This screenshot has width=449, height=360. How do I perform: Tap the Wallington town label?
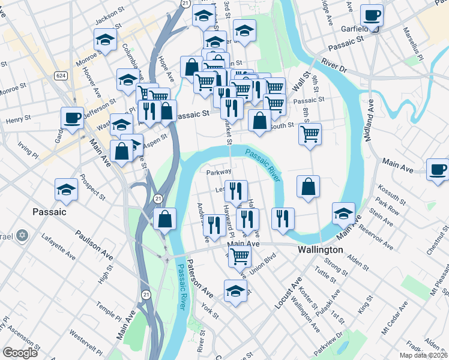pos(321,249)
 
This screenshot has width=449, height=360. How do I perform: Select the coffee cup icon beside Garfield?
pos(372,16)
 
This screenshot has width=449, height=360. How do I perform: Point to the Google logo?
pos(20,353)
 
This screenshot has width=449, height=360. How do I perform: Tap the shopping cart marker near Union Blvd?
pos(240,256)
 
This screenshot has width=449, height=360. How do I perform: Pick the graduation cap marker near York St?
pos(235,291)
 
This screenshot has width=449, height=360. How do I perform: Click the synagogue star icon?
pos(22,235)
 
